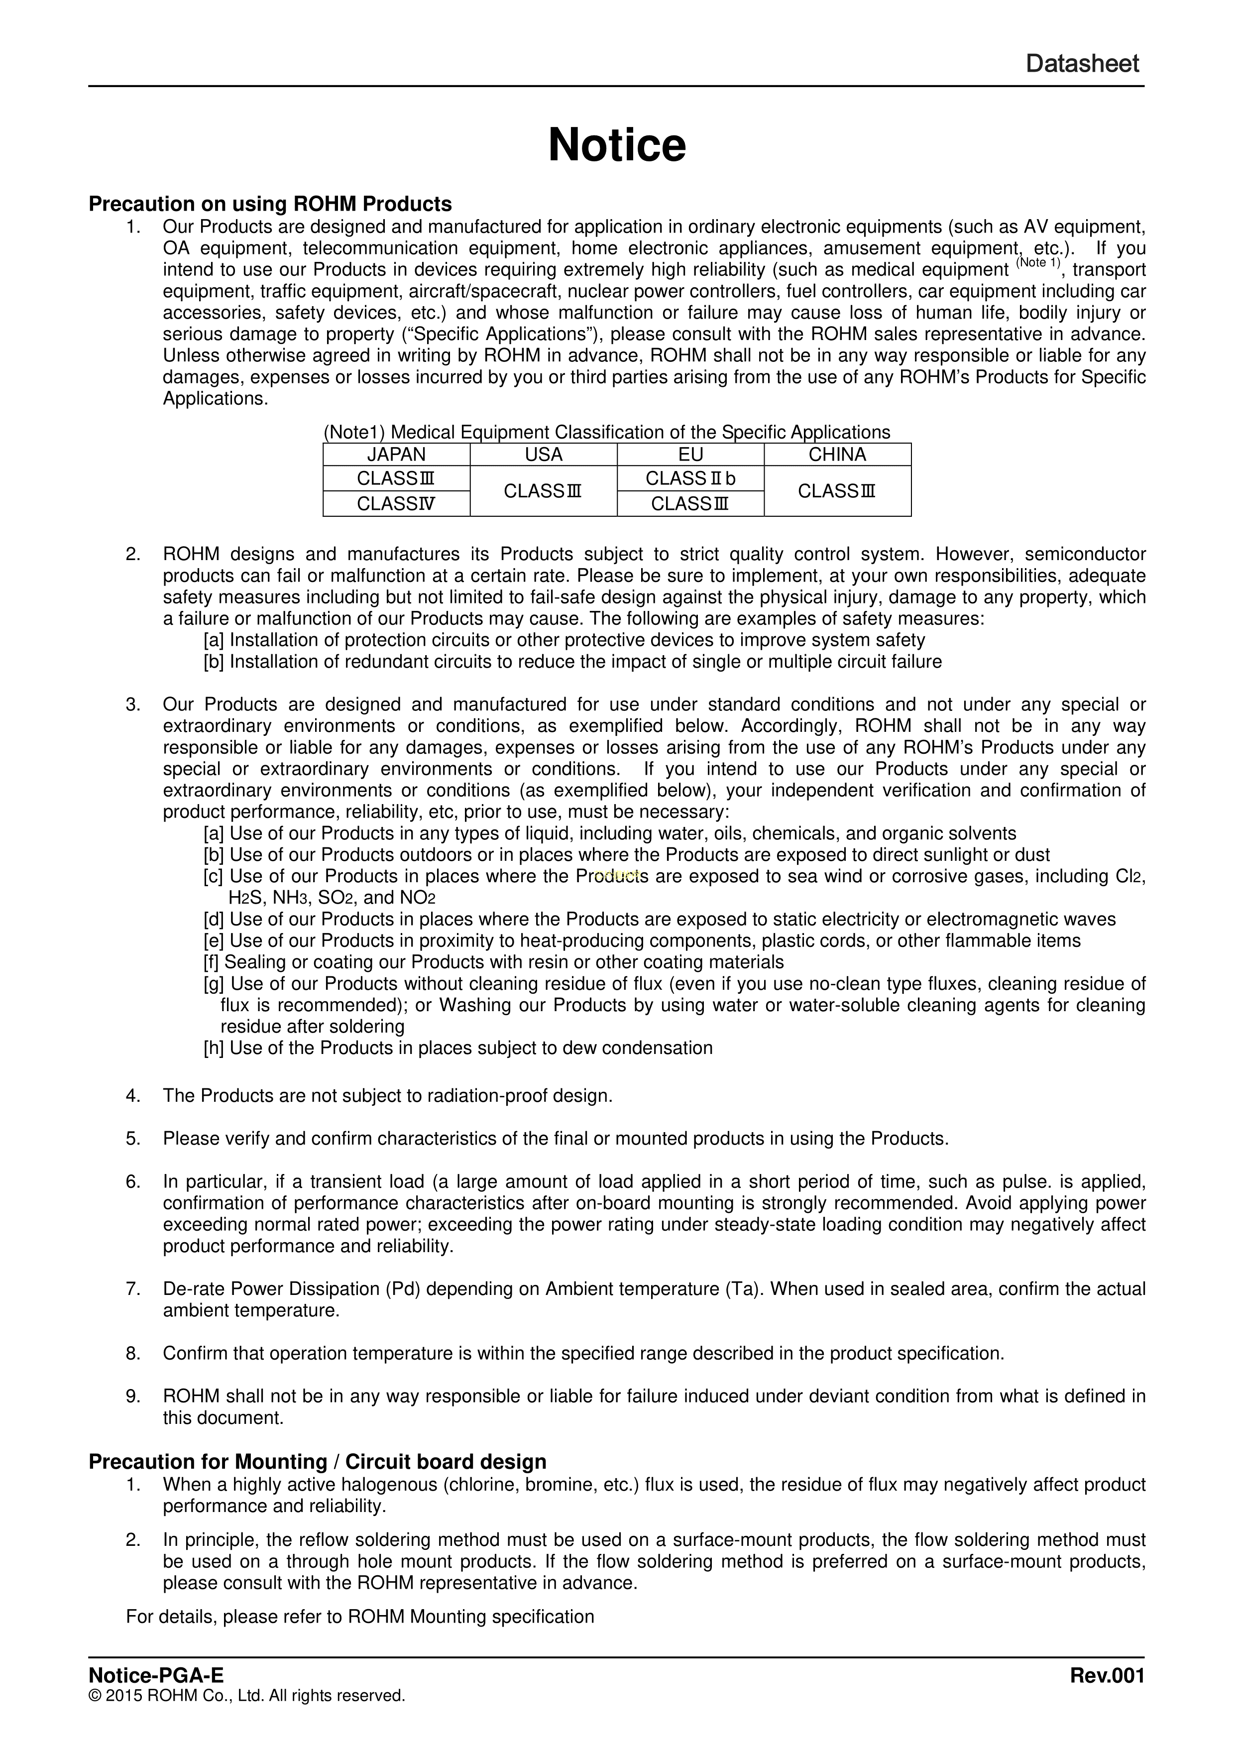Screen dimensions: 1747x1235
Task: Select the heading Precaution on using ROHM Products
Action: (x=270, y=204)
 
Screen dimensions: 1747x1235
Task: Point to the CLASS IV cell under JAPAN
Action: (x=396, y=504)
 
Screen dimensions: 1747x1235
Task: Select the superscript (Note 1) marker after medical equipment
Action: (x=1038, y=263)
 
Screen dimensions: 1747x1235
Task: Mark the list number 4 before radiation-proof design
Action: (x=133, y=1096)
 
